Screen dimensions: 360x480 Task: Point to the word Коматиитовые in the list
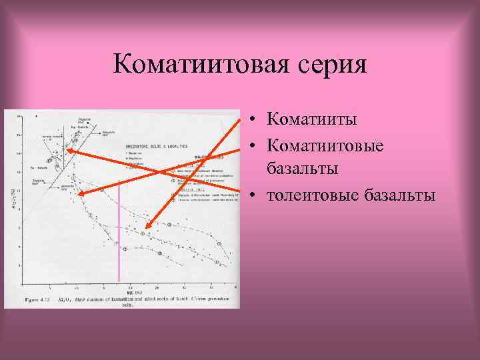tap(325, 145)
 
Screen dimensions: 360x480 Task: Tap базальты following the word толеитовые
tap(399, 195)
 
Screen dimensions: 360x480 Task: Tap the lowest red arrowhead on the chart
tap(145, 229)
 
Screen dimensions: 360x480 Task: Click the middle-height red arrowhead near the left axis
tap(80, 194)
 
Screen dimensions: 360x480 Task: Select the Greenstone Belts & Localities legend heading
tap(156, 145)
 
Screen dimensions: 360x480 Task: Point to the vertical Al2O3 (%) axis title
tap(12, 198)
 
